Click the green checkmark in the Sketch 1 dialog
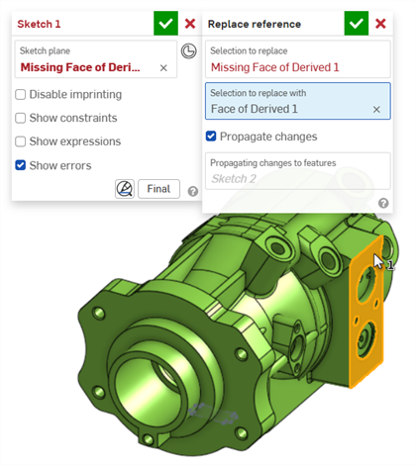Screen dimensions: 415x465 pyautogui.click(x=165, y=24)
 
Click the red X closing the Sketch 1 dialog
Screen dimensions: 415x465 pyautogui.click(x=190, y=24)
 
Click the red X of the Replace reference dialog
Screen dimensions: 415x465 pyautogui.click(x=380, y=24)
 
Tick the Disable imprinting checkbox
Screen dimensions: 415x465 pyautogui.click(x=21, y=94)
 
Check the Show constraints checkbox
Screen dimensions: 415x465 pyautogui.click(x=21, y=118)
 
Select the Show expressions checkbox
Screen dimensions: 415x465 pyautogui.click(x=21, y=141)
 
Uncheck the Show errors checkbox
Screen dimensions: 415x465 pyautogui.click(x=21, y=165)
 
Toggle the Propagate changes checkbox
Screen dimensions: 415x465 pyautogui.click(x=211, y=137)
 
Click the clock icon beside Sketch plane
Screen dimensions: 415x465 pyautogui.click(x=188, y=51)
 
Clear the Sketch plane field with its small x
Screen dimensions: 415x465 pyautogui.click(x=163, y=68)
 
